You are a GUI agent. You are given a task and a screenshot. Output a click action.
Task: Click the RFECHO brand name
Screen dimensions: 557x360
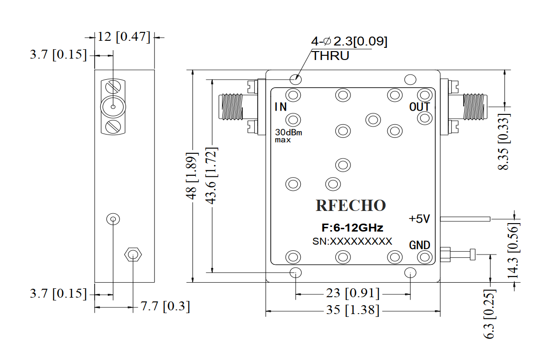tap(350, 205)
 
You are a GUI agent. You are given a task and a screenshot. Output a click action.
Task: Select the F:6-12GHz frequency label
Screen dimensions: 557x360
tap(352, 227)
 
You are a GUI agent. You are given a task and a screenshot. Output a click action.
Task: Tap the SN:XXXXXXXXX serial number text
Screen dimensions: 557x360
tap(352, 241)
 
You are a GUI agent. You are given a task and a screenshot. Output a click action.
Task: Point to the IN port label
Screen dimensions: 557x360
tap(281, 106)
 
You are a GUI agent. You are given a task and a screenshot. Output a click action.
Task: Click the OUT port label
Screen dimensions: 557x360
tap(420, 106)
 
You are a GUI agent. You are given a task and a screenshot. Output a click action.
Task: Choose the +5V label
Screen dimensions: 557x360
tap(419, 218)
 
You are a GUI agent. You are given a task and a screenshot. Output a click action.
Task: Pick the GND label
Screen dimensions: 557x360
tap(420, 245)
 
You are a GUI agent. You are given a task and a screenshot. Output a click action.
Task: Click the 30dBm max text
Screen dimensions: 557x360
tap(289, 136)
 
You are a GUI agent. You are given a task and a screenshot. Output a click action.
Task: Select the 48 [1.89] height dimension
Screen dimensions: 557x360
tap(191, 176)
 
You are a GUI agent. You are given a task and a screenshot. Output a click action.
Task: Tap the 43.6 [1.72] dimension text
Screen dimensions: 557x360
tap(211, 176)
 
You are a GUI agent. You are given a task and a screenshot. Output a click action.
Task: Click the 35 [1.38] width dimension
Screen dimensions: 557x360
tap(353, 310)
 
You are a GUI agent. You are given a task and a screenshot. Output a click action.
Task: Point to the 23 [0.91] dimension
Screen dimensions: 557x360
tap(353, 293)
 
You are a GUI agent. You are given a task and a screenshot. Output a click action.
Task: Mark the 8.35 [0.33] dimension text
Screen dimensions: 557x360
tap(503, 142)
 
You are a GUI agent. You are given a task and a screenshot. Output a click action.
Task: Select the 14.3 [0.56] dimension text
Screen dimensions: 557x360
tap(513, 250)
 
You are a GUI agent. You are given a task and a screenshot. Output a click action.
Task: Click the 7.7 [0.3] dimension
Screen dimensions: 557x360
tap(165, 306)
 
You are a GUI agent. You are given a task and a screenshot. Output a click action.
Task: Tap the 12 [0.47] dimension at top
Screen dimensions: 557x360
tap(124, 37)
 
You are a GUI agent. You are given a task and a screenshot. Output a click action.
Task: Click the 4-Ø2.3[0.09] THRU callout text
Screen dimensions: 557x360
tap(349, 48)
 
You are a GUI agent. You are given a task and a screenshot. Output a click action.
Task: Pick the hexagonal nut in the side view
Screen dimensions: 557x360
tap(133, 255)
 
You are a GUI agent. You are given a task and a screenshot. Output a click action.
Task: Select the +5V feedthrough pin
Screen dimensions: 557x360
tap(465, 219)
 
